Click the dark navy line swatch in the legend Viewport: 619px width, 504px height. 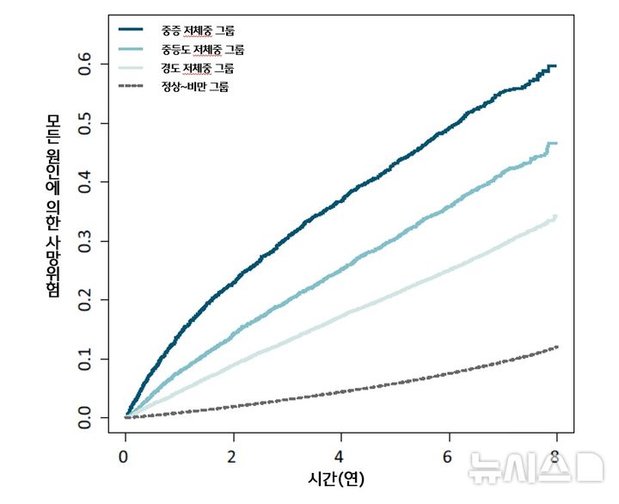[x=136, y=31]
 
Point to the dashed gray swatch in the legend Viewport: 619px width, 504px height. [x=136, y=86]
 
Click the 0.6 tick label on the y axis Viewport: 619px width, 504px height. [x=86, y=65]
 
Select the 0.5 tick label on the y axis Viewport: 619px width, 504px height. [x=86, y=124]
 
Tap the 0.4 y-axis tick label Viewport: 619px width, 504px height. [x=86, y=182]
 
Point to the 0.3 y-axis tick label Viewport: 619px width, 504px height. [x=86, y=242]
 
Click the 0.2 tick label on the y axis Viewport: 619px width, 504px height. [x=86, y=300]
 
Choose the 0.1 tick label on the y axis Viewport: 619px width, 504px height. [x=86, y=359]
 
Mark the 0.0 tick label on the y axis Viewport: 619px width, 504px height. [x=86, y=418]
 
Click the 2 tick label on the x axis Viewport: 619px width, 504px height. [x=233, y=454]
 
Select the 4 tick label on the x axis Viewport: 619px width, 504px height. [x=340, y=454]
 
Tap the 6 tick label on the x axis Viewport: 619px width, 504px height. [x=449, y=454]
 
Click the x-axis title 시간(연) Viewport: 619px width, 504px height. [x=335, y=479]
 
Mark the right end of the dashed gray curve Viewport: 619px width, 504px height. [x=557, y=347]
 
